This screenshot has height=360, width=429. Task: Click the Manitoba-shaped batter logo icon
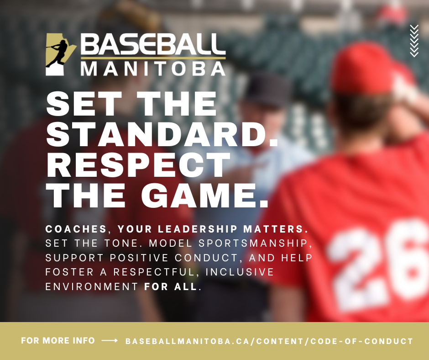[x=61, y=54]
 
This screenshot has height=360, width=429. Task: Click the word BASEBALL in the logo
[x=153, y=44]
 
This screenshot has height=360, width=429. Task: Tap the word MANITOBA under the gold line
[x=153, y=69]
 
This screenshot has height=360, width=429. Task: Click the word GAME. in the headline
[x=205, y=196]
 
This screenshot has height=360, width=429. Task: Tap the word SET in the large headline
[x=84, y=104]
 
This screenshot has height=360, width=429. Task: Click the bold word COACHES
[x=76, y=229]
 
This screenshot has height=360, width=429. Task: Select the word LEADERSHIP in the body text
[x=198, y=229]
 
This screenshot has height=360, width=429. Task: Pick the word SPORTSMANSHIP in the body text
[x=253, y=244]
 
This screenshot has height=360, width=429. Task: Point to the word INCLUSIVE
[x=240, y=272]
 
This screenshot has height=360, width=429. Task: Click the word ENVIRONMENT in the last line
[x=92, y=286]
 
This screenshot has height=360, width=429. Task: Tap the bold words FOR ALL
[x=170, y=286]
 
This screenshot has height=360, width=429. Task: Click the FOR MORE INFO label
[x=58, y=340]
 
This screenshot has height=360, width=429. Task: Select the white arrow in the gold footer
[x=110, y=340]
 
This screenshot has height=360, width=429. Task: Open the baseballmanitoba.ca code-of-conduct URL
[x=269, y=341]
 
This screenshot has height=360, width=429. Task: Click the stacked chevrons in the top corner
[x=414, y=41]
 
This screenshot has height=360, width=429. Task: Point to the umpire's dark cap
[x=267, y=89]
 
